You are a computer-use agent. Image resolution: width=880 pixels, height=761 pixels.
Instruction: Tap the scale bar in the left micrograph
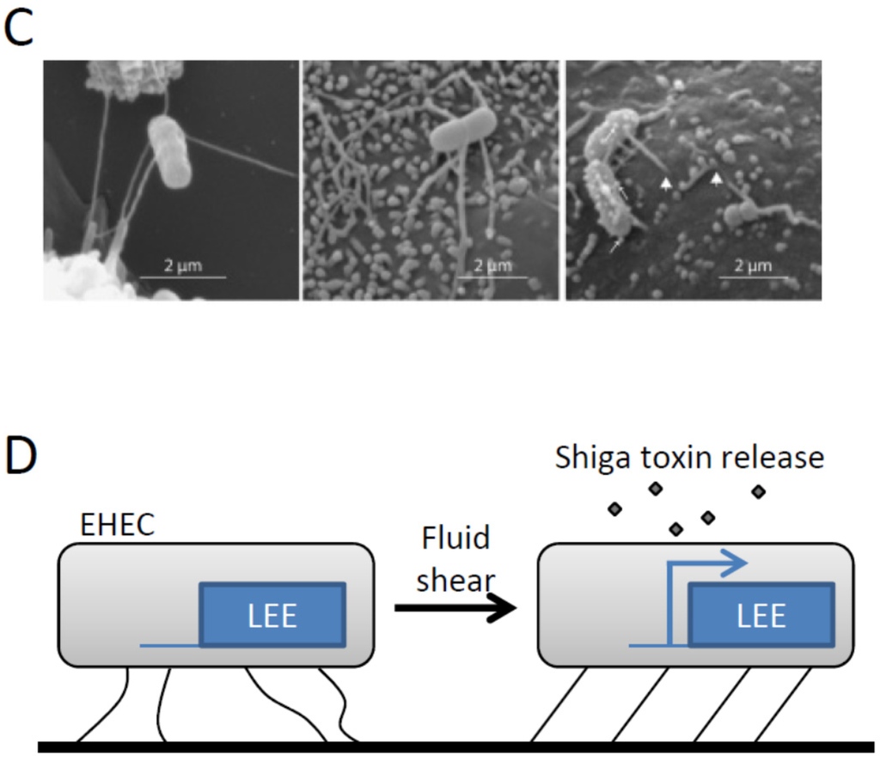pos(182,277)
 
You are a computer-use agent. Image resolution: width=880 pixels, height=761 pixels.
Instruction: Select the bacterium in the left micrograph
pos(169,151)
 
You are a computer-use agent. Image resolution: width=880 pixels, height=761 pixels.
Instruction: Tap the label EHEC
pos(117,526)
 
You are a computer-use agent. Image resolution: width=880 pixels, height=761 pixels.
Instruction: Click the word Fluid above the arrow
pos(455,539)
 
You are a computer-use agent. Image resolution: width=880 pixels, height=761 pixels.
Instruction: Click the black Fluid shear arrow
pos(455,608)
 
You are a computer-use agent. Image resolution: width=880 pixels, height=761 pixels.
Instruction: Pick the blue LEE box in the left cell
pos(273,615)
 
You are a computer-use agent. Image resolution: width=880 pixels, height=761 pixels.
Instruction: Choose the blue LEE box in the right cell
pos(761,615)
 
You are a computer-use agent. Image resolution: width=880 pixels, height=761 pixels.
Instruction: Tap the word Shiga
pos(592,458)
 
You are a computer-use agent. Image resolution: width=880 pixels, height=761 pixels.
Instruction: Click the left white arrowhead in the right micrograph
pos(665,182)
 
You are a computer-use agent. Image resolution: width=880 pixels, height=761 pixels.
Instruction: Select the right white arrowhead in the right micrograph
pos(716,179)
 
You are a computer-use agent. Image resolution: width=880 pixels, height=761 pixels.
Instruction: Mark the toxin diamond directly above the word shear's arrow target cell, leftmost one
pos(614,509)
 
